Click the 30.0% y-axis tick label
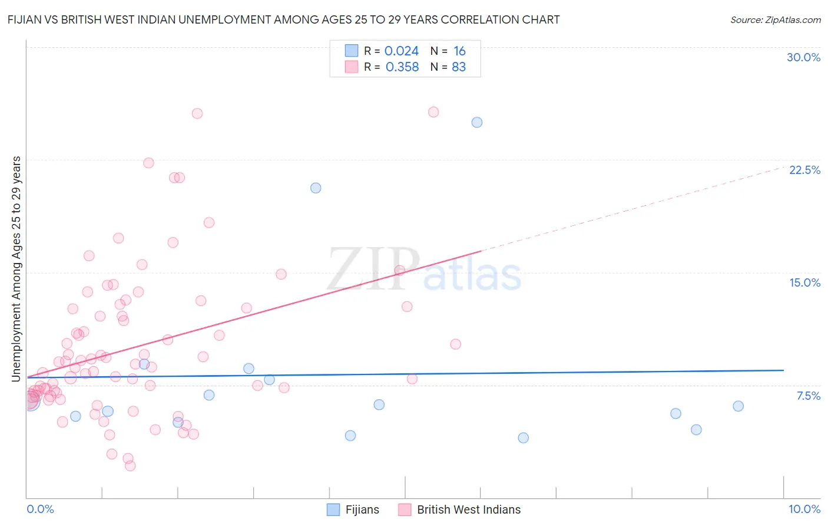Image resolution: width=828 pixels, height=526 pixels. [803, 57]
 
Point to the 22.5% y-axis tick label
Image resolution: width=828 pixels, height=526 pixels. [804, 170]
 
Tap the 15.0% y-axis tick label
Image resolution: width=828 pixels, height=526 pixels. [804, 282]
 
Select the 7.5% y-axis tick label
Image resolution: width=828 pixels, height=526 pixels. [808, 396]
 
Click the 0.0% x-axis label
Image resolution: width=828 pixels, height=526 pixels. [40, 509]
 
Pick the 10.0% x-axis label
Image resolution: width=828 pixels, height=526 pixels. [804, 509]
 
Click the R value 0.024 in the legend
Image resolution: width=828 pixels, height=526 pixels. [401, 51]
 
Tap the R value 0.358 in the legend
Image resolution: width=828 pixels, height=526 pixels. [402, 67]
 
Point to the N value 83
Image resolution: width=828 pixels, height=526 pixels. [458, 67]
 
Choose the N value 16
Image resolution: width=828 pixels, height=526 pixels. [459, 51]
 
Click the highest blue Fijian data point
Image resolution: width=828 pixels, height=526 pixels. [477, 123]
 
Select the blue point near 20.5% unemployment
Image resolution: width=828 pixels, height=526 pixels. [316, 188]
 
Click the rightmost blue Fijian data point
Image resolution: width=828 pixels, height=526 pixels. [738, 406]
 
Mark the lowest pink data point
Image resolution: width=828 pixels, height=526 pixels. [130, 466]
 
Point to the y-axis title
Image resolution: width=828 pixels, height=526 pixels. [16, 268]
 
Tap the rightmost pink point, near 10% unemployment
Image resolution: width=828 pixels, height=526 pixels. [455, 344]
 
